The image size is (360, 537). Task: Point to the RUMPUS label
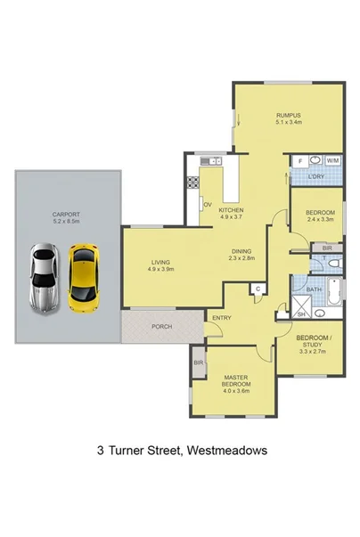coord(287,115)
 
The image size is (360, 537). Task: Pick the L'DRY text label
coord(315,177)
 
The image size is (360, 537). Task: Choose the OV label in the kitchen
coord(206,205)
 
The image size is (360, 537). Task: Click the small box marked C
coord(257,289)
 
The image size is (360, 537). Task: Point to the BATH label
coord(314,289)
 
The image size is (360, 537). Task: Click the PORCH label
coord(162,327)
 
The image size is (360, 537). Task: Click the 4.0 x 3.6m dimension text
coord(236,390)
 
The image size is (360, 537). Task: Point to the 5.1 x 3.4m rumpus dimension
coord(287,123)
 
